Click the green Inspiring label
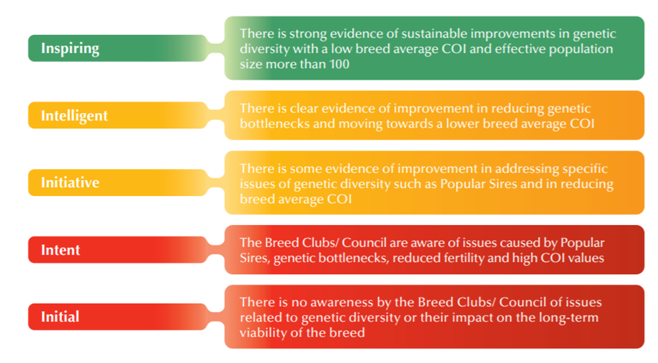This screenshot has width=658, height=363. [x=70, y=48]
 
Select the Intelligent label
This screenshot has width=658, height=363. [x=74, y=116]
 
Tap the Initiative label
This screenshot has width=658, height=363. [x=70, y=183]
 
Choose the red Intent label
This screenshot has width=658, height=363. [x=61, y=250]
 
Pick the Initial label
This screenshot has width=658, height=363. [x=60, y=317]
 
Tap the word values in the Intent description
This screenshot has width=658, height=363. [x=582, y=258]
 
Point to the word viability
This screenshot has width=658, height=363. [x=262, y=333]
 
